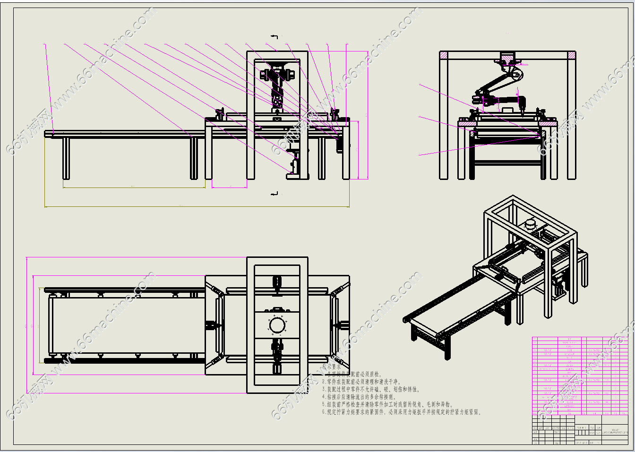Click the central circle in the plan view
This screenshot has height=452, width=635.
(x=277, y=325)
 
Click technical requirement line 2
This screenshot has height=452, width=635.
(x=361, y=382)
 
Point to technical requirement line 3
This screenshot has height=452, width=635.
(x=371, y=389)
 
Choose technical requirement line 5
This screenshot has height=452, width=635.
(x=387, y=404)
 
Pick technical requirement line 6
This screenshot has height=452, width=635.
(x=402, y=412)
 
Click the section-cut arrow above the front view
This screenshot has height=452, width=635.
(x=275, y=36)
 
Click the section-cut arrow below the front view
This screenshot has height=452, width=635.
(x=275, y=193)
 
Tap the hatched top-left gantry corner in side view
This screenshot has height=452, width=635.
(x=444, y=55)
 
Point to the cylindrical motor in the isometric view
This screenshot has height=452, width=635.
(x=531, y=223)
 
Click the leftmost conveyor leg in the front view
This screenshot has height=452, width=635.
(x=66, y=158)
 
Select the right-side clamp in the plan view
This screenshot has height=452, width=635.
(x=341, y=325)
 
